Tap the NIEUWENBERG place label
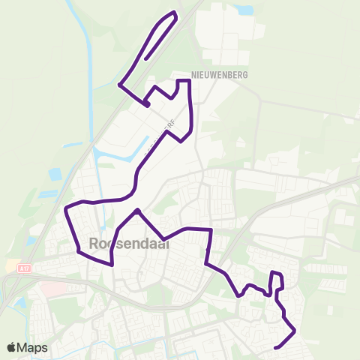click(219, 75)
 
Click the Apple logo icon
click(12, 347)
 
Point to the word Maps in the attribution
click(33, 347)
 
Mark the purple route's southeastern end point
click(277, 347)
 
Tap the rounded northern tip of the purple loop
click(174, 13)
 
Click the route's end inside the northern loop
click(146, 58)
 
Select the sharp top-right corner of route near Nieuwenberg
click(189, 80)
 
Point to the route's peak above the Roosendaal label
click(137, 211)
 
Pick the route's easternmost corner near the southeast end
click(294, 331)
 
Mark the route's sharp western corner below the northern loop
click(120, 85)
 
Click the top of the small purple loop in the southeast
click(275, 273)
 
